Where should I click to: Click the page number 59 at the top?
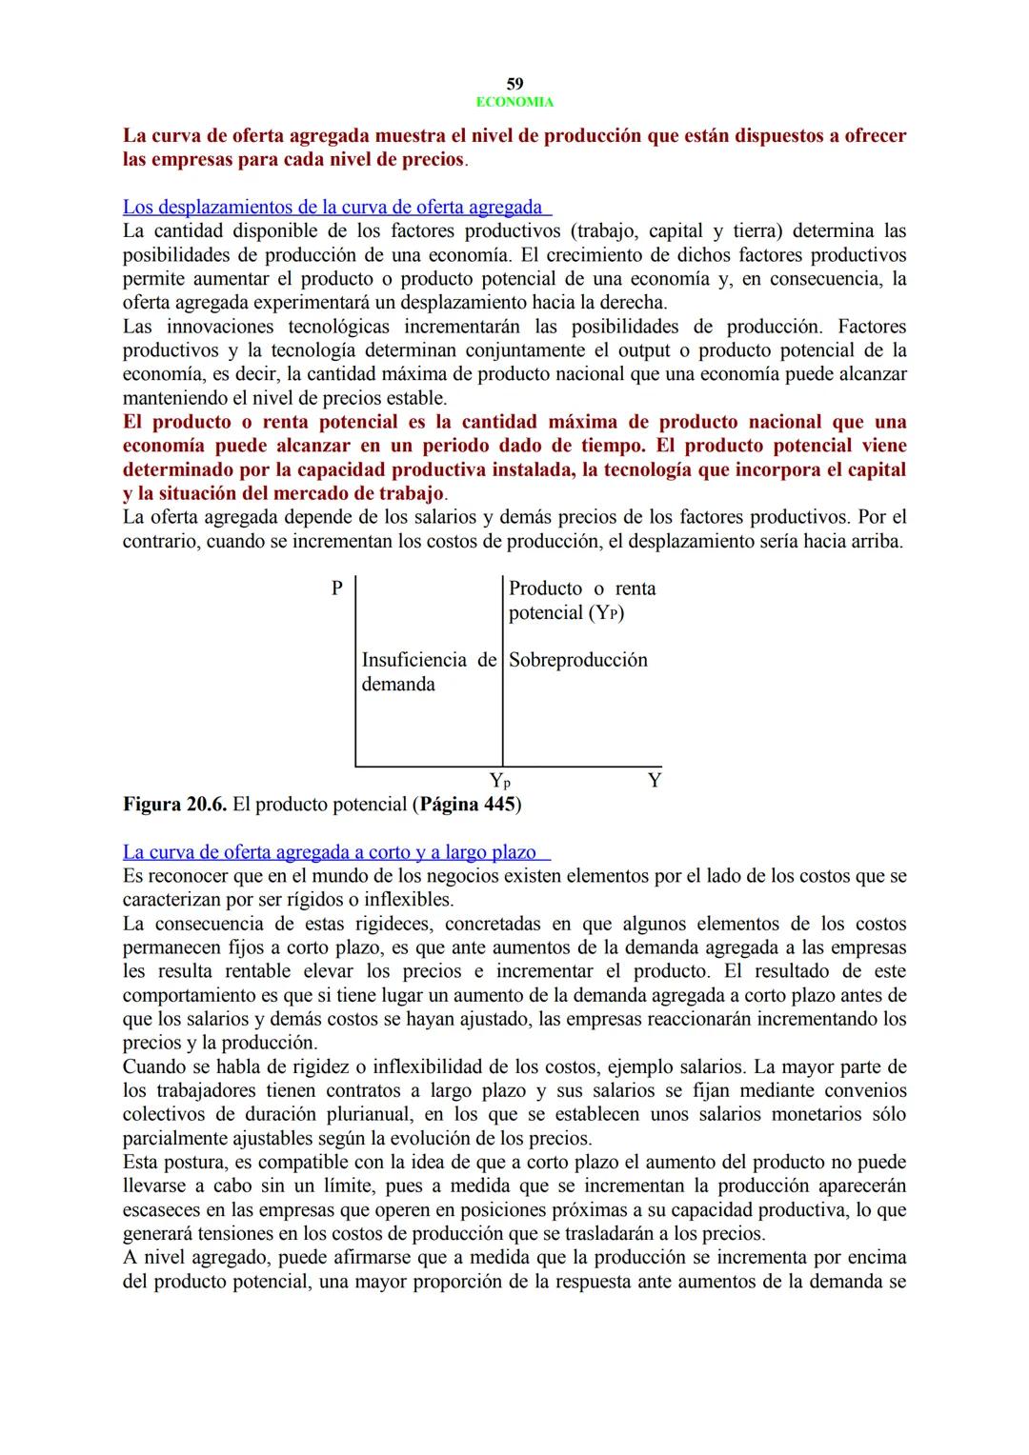(x=514, y=84)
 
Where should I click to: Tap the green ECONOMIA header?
(x=514, y=102)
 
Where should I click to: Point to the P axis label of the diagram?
(x=336, y=588)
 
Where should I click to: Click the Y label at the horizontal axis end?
(x=654, y=781)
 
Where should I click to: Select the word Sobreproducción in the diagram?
(x=577, y=660)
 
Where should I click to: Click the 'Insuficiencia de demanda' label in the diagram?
(x=429, y=671)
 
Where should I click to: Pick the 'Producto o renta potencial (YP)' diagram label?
(x=581, y=600)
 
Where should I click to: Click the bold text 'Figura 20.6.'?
(x=174, y=805)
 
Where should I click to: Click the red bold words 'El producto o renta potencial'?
(x=261, y=422)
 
